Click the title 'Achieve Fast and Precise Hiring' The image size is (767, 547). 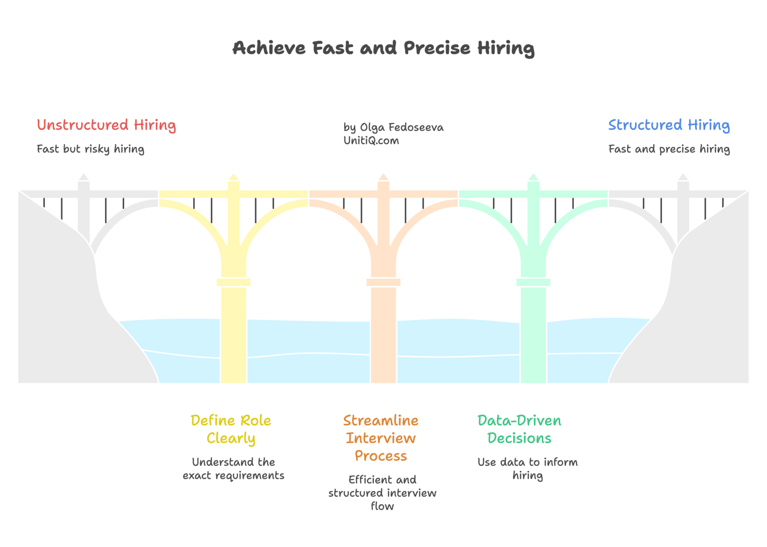(383, 48)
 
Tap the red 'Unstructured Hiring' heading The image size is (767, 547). (106, 125)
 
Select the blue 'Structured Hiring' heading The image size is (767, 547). (669, 125)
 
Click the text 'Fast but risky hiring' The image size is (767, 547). (90, 149)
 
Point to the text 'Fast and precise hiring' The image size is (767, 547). (669, 149)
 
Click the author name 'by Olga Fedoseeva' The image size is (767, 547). (393, 127)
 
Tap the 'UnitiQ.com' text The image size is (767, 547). (371, 141)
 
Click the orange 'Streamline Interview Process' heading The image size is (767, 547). (381, 438)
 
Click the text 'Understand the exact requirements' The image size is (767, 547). (233, 469)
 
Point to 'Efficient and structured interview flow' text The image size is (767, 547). (382, 493)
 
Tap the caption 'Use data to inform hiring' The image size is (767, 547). (527, 469)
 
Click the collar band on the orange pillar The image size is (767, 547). (383, 282)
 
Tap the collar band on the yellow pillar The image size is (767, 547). (234, 282)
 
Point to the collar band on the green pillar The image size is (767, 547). (533, 282)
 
